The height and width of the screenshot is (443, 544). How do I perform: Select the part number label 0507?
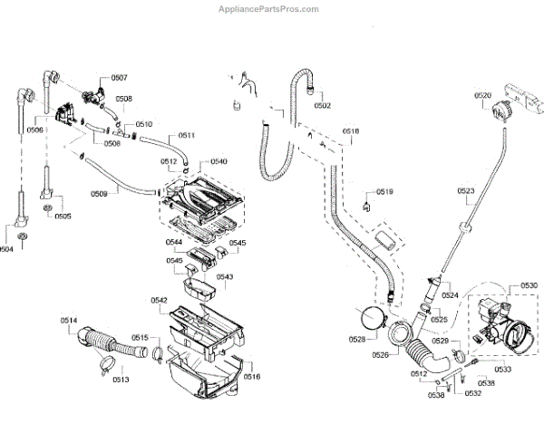(119, 79)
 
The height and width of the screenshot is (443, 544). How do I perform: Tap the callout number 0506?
(35, 130)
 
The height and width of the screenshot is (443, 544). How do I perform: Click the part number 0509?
(99, 193)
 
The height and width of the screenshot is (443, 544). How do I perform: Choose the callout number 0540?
(219, 161)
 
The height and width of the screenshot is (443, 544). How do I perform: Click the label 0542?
(159, 300)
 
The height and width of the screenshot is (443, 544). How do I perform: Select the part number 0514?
(70, 320)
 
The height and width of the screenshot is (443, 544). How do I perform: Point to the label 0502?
(322, 106)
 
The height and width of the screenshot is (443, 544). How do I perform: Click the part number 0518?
(351, 132)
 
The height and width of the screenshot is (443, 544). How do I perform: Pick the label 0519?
(384, 192)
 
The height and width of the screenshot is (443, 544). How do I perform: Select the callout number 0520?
(482, 95)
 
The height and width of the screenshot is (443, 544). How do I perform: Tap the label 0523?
(466, 190)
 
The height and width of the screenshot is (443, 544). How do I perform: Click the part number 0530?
(529, 286)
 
